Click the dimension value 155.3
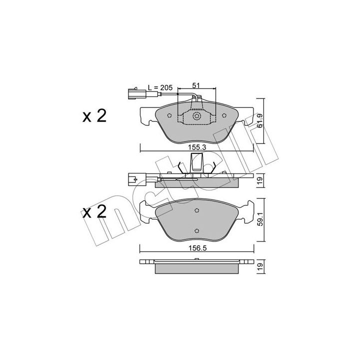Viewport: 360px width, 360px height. coord(197,147)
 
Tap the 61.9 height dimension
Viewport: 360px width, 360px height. coord(259,121)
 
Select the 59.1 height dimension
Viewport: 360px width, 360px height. coord(260,219)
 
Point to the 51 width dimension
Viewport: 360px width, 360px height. coord(195,85)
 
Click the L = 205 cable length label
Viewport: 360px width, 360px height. coord(160,87)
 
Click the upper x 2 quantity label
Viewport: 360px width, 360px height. coord(94,116)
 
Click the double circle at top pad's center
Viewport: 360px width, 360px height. coord(197,116)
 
